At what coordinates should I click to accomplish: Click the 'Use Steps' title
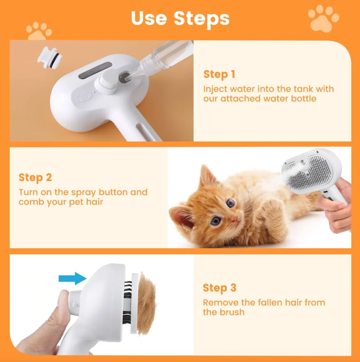[180, 18]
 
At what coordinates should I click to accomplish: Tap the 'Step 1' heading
[219, 75]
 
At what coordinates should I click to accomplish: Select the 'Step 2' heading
[35, 178]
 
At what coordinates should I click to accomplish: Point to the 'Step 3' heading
[219, 288]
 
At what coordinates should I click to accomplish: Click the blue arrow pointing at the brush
[72, 278]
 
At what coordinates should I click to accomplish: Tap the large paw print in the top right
[323, 19]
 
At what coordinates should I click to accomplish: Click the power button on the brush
[85, 97]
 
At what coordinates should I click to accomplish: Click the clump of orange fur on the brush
[146, 303]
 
